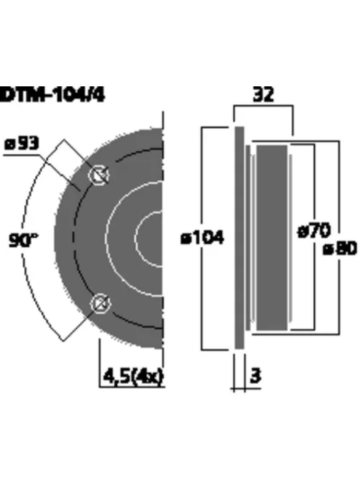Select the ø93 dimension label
tap(22, 143)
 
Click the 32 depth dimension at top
tap(263, 94)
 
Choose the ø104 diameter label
tap(202, 237)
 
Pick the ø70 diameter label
tap(314, 231)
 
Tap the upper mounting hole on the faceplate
tap(98, 174)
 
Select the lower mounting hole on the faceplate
tap(98, 304)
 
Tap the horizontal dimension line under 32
tap(263, 107)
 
